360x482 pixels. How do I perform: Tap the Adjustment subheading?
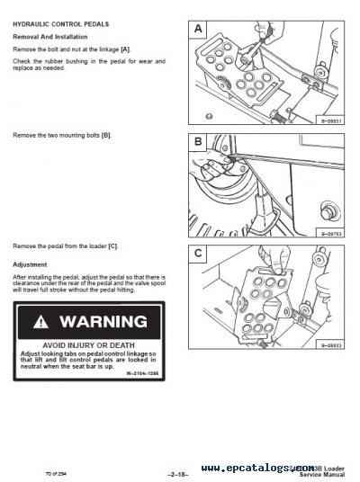(x=30, y=265)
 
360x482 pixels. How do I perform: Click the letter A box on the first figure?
(x=199, y=31)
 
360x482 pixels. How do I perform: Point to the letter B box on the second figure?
(x=199, y=142)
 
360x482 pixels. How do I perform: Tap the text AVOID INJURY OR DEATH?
(x=86, y=345)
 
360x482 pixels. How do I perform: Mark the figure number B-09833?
(x=331, y=344)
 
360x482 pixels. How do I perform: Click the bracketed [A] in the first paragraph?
(x=125, y=48)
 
